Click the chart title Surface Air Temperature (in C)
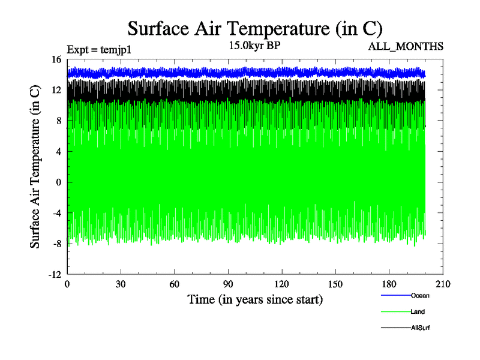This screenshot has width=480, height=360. click(255, 28)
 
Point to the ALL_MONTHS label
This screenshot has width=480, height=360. click(410, 46)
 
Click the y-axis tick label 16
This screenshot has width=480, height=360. click(57, 59)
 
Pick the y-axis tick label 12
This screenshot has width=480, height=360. click(57, 90)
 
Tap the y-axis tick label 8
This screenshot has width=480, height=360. click(59, 121)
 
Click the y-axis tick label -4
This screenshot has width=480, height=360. click(58, 212)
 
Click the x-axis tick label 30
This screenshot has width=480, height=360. click(121, 284)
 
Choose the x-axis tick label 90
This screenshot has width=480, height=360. click(228, 284)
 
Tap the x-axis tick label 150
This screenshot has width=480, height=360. click(335, 284)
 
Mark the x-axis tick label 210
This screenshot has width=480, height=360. click(443, 284)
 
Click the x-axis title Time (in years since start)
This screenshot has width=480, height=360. click(255, 299)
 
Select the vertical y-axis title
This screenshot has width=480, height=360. click(36, 167)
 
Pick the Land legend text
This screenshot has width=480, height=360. click(418, 311)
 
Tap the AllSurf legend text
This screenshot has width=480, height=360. click(421, 328)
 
